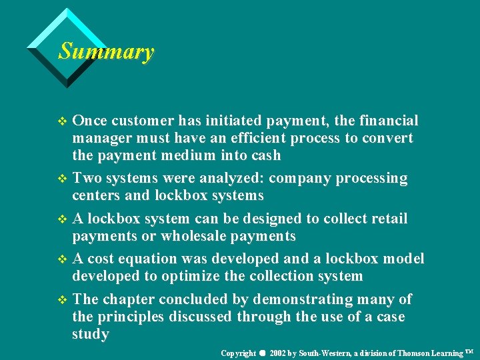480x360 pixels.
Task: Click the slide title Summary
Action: pos(106,51)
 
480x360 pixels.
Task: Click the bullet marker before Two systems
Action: pos(63,179)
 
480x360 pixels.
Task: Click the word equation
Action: pos(159,259)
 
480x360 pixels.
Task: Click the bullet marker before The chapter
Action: pos(63,300)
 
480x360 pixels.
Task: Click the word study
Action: pos(90,334)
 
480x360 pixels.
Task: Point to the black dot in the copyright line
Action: pos(263,351)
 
